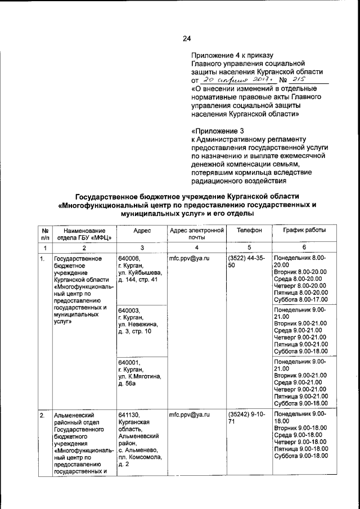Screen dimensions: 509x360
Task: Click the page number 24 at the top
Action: (x=187, y=38)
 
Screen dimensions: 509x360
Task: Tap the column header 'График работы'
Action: (x=304, y=231)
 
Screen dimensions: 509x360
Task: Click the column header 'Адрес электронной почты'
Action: (x=196, y=235)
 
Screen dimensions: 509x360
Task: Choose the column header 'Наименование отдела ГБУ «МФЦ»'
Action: (x=84, y=235)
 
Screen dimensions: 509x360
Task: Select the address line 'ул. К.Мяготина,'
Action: (x=139, y=376)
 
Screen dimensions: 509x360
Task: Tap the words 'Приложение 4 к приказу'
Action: (x=232, y=55)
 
